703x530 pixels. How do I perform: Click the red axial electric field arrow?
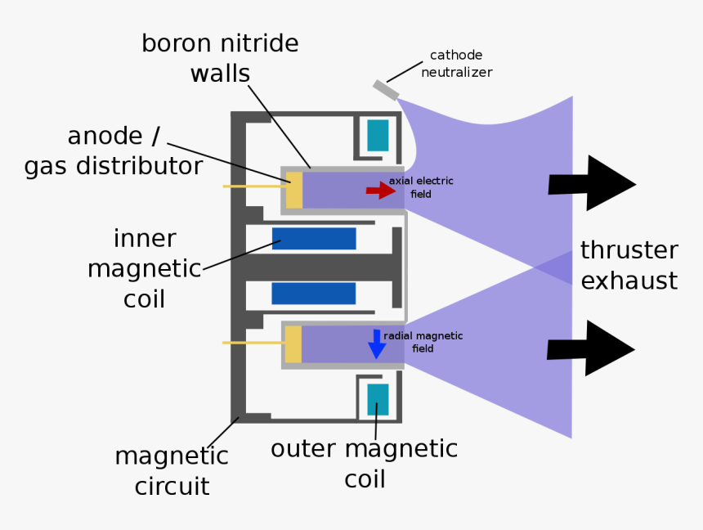tap(380, 191)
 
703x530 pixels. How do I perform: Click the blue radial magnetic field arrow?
tap(376, 344)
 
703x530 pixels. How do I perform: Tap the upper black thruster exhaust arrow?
tap(591, 184)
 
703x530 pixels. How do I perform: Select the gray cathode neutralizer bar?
tap(386, 89)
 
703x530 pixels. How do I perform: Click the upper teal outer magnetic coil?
tap(378, 136)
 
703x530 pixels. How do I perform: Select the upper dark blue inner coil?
tap(314, 239)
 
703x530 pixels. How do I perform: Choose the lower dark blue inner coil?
tap(314, 294)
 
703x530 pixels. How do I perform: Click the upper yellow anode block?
tap(294, 190)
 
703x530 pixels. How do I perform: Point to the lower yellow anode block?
tap(293, 344)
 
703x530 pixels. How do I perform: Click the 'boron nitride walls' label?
tap(220, 58)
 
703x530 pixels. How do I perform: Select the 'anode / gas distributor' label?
tap(114, 151)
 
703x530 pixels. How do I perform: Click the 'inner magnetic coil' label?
tap(145, 268)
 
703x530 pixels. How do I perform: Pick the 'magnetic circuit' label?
tap(172, 471)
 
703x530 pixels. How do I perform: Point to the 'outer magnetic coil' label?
tap(364, 463)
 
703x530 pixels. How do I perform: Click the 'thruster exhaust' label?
tap(629, 265)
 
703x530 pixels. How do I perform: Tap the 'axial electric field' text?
tap(420, 187)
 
